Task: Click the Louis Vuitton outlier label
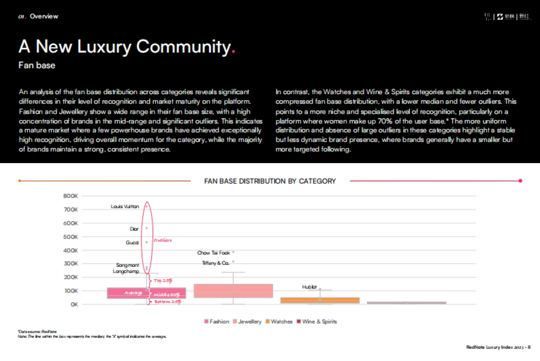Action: point(125,206)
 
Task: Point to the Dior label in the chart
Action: point(134,229)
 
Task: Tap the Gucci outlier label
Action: point(132,242)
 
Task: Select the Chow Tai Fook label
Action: point(213,253)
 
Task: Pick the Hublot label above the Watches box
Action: point(310,287)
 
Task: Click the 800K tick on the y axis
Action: point(71,196)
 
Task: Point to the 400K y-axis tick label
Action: point(71,250)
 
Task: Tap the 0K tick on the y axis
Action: point(73,304)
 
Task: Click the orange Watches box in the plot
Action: point(320,300)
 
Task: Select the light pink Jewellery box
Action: point(233,291)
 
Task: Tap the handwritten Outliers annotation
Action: point(163,240)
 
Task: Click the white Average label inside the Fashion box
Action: point(133,293)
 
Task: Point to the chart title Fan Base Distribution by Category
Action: point(270,181)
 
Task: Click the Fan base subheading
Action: point(37,65)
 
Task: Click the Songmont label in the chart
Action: point(127,265)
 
